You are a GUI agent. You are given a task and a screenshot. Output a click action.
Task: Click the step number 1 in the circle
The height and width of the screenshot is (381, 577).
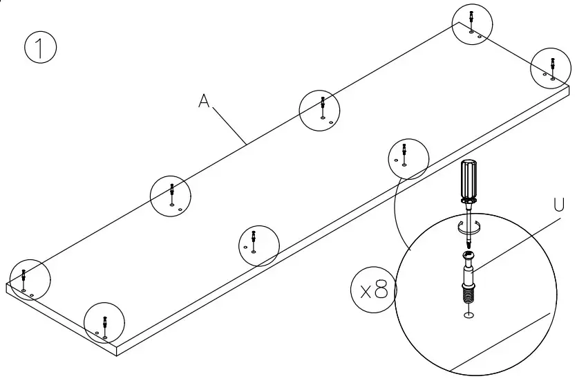pyautogui.click(x=40, y=48)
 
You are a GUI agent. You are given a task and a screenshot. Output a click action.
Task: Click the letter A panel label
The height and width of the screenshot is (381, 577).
pyautogui.click(x=204, y=101)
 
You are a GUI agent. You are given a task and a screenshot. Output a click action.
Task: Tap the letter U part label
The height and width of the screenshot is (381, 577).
pyautogui.click(x=558, y=205)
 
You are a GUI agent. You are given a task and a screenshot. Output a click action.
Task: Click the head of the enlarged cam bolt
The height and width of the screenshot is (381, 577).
pyautogui.click(x=469, y=259)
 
